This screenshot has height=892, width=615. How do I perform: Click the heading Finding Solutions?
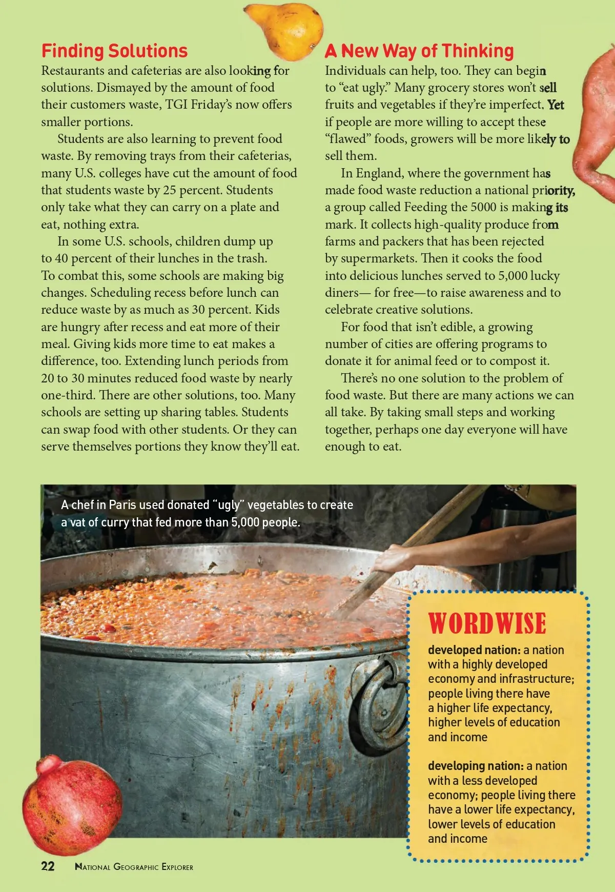(x=114, y=51)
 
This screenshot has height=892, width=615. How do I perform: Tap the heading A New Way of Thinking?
(x=419, y=51)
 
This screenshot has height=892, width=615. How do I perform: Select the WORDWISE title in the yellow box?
(x=487, y=623)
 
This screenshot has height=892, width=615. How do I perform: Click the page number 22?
(x=48, y=866)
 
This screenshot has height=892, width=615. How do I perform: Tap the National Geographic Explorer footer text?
(x=134, y=867)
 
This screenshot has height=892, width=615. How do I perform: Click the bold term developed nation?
(x=474, y=650)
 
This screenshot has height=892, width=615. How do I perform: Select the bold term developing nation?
(x=475, y=766)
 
